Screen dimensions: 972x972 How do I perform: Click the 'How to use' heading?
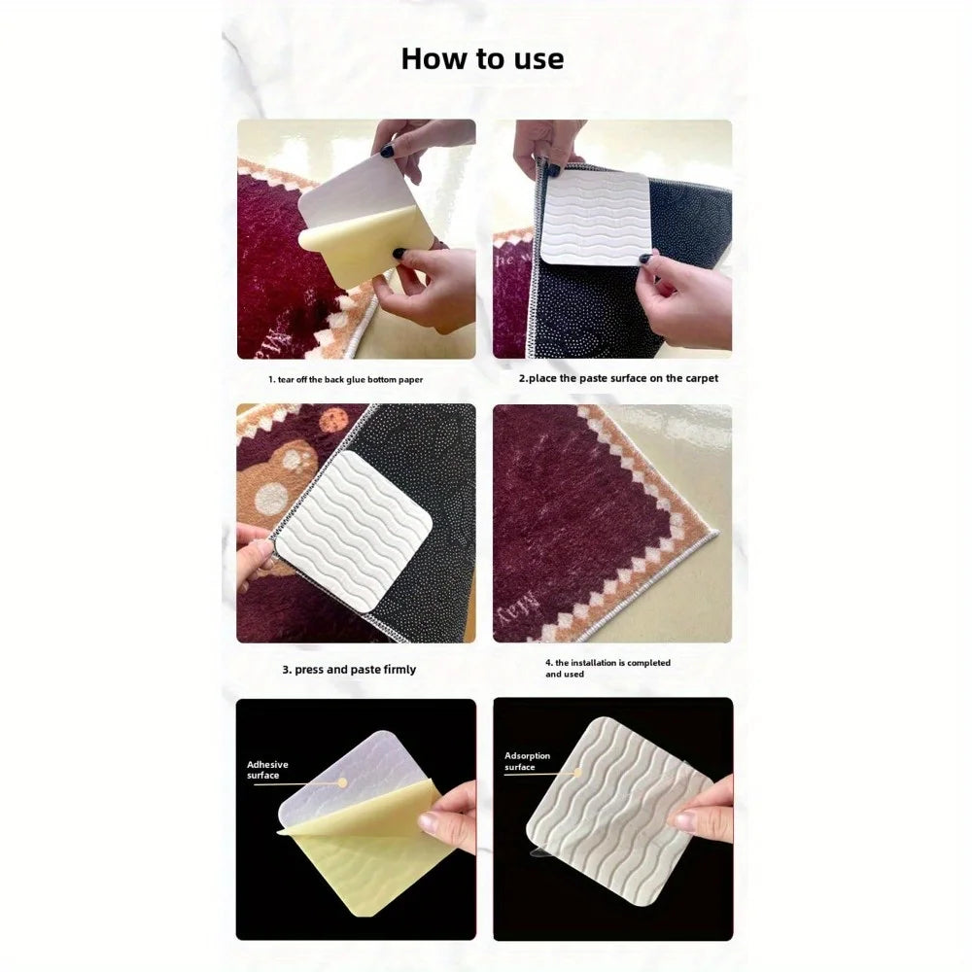pyautogui.click(x=482, y=59)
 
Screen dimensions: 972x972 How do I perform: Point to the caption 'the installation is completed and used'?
pyautogui.click(x=607, y=669)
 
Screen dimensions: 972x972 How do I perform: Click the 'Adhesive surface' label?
pyautogui.click(x=267, y=770)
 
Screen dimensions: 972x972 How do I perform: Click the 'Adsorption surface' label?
pyautogui.click(x=527, y=761)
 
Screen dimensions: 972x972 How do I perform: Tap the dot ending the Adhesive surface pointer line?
pyautogui.click(x=341, y=782)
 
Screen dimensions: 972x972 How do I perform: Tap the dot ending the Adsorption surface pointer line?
pyautogui.click(x=578, y=773)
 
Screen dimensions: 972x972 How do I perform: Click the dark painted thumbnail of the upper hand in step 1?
pyautogui.click(x=387, y=151)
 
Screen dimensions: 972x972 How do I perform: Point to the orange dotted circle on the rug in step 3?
pyautogui.click(x=333, y=421)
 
